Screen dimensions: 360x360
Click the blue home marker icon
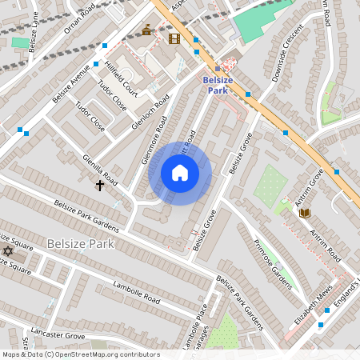click(x=180, y=173)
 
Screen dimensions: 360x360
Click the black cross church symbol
click(x=100, y=186)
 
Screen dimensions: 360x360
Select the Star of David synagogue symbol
click(x=9, y=251)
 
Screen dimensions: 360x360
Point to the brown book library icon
click(x=304, y=212)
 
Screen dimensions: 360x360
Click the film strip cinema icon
click(x=174, y=38)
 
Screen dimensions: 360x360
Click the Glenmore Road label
click(x=154, y=140)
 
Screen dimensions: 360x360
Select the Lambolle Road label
click(x=136, y=294)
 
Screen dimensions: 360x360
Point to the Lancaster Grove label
click(x=58, y=333)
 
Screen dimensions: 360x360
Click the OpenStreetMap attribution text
click(x=80, y=354)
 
